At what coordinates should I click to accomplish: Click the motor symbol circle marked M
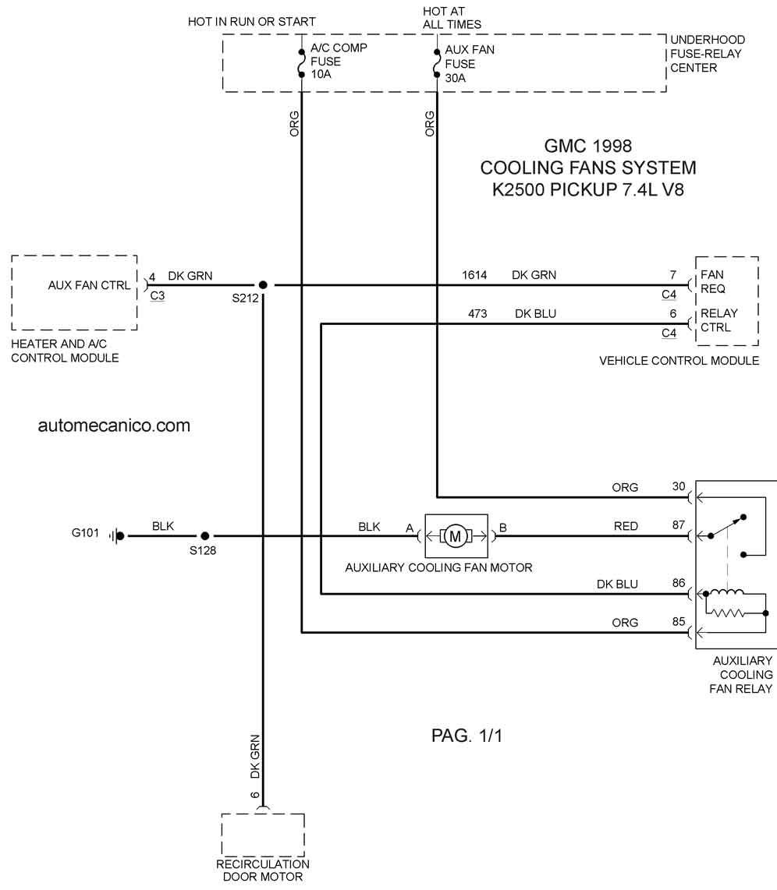coord(455,536)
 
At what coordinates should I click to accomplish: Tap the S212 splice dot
coord(262,285)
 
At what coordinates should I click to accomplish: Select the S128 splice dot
coord(205,536)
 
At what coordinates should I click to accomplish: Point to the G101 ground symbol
coord(117,536)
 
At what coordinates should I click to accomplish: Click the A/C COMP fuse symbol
coord(302,63)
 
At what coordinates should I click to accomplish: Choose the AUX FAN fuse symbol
coord(437,63)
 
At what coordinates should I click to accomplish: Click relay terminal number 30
coord(679,486)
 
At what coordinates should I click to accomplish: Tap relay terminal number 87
coord(679,525)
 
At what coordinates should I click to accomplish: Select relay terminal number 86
coord(679,583)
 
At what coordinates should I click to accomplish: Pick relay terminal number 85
coord(679,622)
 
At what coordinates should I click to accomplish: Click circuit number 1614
coord(474,275)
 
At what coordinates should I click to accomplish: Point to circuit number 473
coord(477,314)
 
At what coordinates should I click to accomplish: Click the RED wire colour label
coord(626,526)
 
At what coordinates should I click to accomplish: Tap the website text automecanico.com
coord(114,426)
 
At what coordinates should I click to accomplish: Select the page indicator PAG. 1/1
coord(467,736)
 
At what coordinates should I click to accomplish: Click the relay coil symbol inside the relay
coord(727,593)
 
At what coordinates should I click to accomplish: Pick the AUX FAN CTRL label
coord(89,285)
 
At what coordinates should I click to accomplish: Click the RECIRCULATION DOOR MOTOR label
coord(262,871)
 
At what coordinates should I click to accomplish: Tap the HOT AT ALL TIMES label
coord(452,18)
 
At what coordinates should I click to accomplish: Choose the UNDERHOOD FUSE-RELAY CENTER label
coord(708,54)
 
